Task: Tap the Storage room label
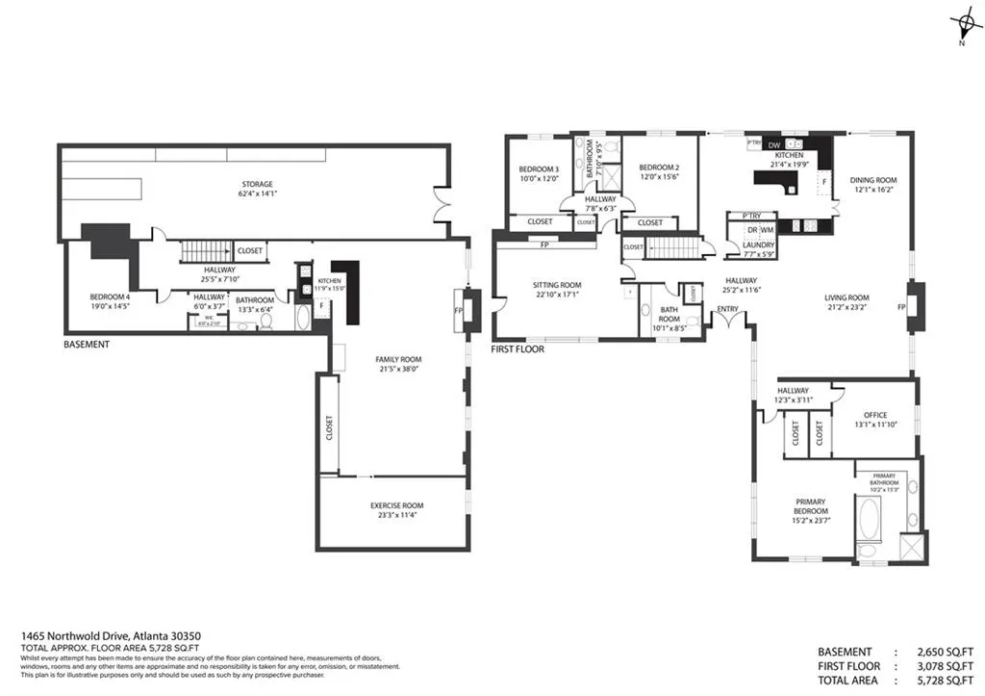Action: (257, 184)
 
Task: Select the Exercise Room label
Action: (396, 505)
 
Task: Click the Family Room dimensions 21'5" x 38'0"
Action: (398, 369)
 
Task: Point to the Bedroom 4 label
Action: (110, 296)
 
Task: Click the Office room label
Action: (875, 415)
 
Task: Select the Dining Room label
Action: (872, 180)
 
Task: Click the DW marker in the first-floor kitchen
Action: (773, 145)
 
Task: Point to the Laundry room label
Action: (754, 245)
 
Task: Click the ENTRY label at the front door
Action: (726, 309)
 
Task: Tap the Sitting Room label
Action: (558, 285)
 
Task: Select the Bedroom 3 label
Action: (540, 169)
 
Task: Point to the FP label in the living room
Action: (901, 307)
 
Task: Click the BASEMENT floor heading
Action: (86, 344)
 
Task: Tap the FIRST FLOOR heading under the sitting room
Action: (518, 348)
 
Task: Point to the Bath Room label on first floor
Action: (669, 315)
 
